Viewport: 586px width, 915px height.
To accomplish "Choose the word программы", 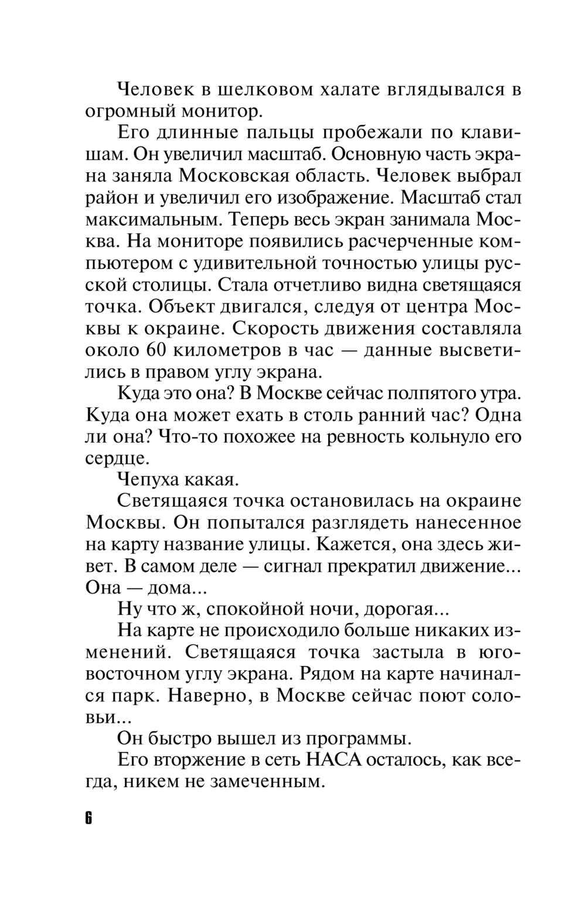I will click(x=357, y=739).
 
